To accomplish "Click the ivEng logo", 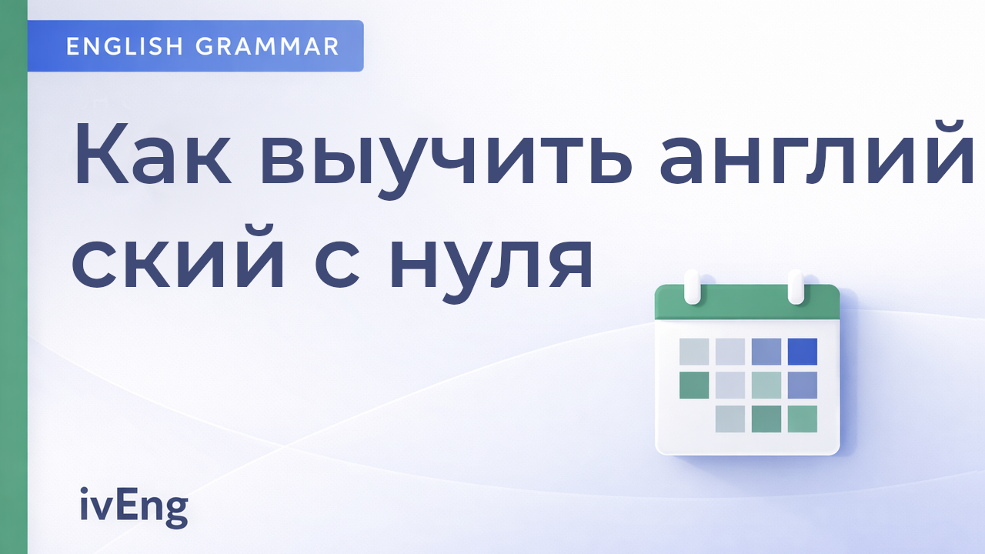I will point(134,508).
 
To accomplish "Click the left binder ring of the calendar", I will point(692,286).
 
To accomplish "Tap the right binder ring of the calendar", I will point(796,286).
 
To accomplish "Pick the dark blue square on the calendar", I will point(802,352).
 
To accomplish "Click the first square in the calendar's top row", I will point(694,352).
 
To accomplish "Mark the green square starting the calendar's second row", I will point(694,385).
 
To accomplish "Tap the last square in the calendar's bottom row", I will point(802,419).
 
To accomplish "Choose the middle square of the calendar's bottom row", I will point(766,419).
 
